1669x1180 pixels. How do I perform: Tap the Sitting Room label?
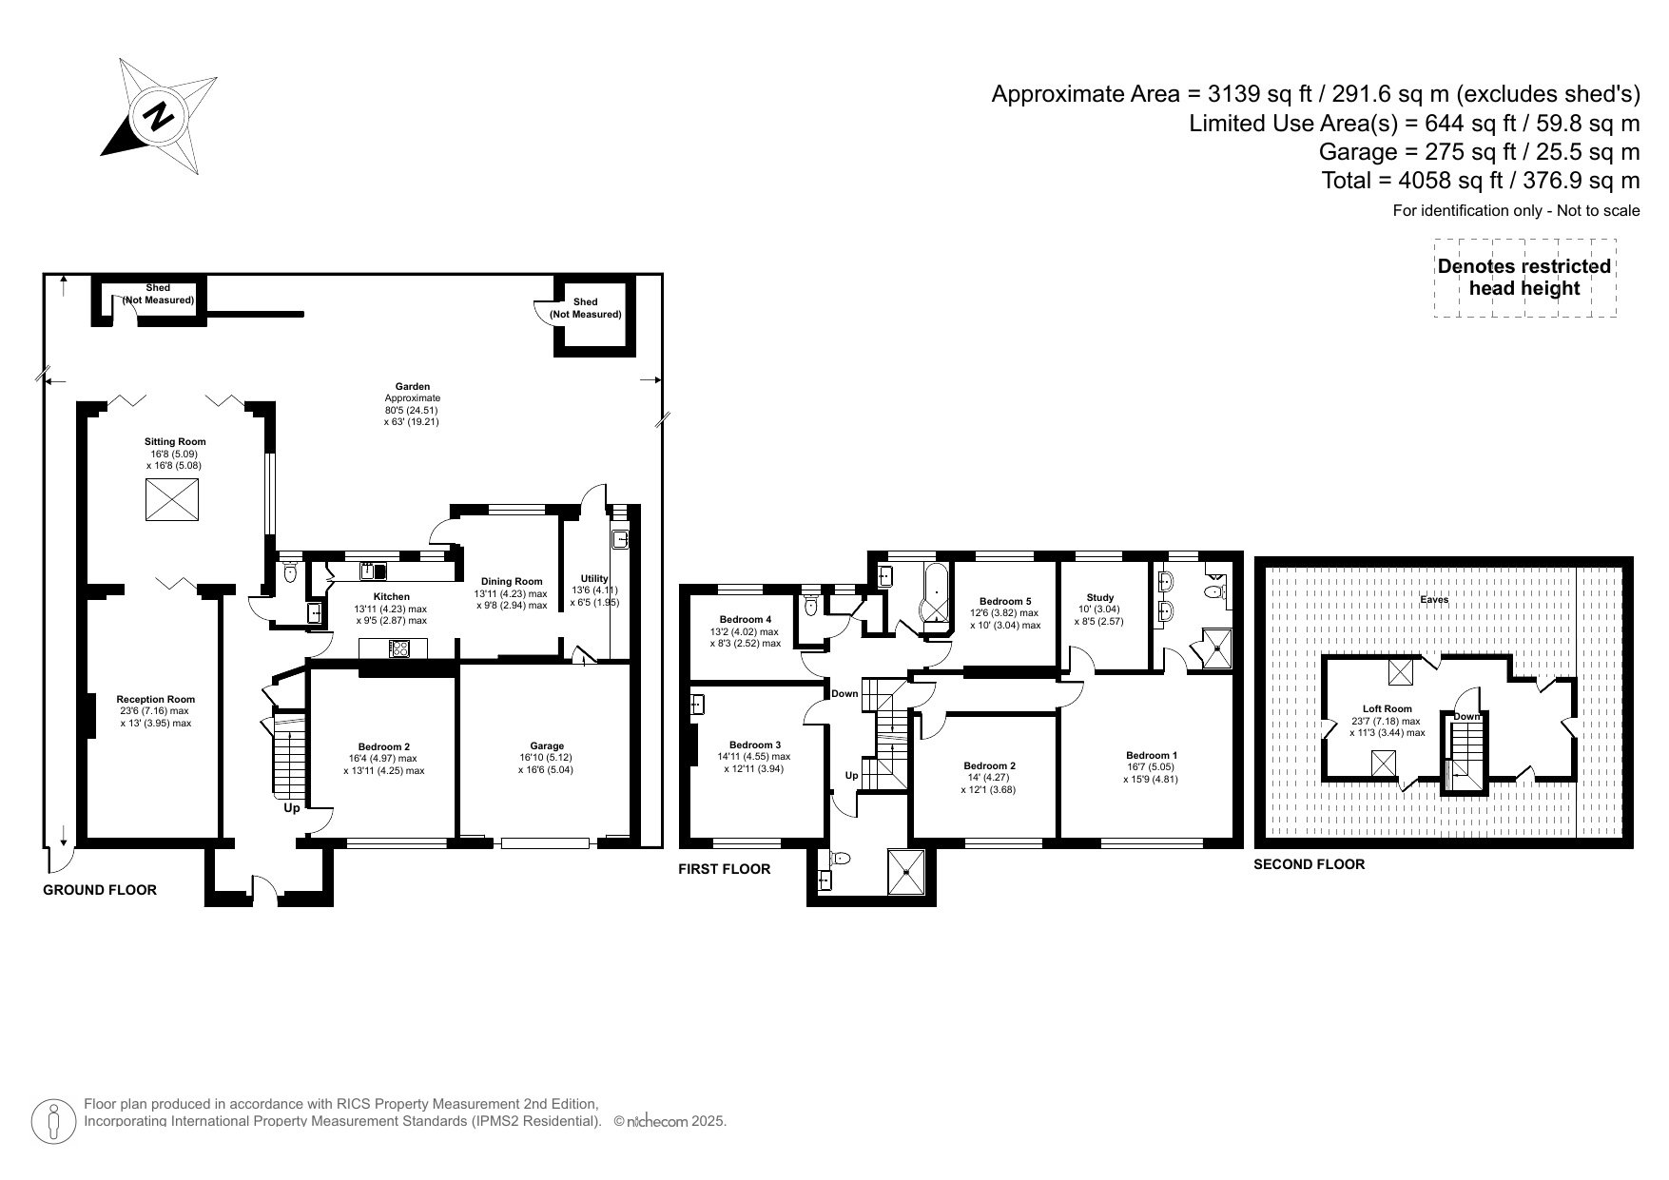coord(175,441)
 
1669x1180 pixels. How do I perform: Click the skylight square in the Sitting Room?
coord(173,500)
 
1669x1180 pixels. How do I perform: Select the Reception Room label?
coord(155,699)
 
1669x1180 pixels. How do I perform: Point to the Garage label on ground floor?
coord(547,745)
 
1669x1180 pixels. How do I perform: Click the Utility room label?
coord(594,578)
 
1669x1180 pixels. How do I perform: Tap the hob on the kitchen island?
coord(400,648)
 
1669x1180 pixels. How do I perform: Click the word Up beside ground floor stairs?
coord(292,808)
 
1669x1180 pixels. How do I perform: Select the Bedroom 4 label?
coord(746,619)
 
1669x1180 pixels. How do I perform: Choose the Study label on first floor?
coord(1099,598)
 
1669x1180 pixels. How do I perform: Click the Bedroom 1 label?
coord(1152,755)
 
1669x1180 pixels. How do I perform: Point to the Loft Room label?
coord(1387,708)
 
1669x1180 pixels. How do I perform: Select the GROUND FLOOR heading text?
coord(100,890)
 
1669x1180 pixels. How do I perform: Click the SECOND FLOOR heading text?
coord(1309,864)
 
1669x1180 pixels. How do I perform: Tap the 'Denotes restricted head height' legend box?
coord(1523,278)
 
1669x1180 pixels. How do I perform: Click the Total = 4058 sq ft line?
coord(1481,181)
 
